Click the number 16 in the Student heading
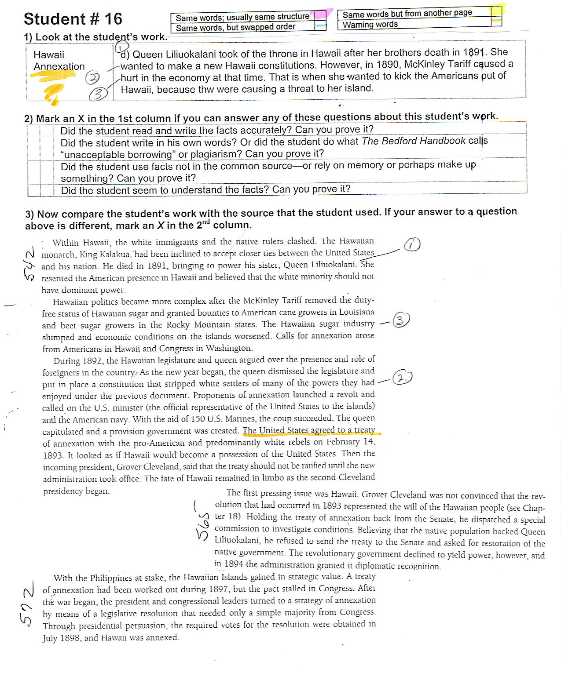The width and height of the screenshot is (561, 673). click(x=113, y=19)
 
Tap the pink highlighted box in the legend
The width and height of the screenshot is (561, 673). click(x=321, y=15)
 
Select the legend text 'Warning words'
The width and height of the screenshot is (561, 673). click(x=370, y=25)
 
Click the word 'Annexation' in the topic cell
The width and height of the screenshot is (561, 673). click(x=59, y=66)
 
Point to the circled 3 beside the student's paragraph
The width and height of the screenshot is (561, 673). click(x=98, y=94)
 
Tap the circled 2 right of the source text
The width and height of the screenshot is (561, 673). click(x=402, y=378)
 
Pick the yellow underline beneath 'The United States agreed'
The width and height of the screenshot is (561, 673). click(x=312, y=434)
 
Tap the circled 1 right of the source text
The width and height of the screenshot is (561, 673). click(x=411, y=244)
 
